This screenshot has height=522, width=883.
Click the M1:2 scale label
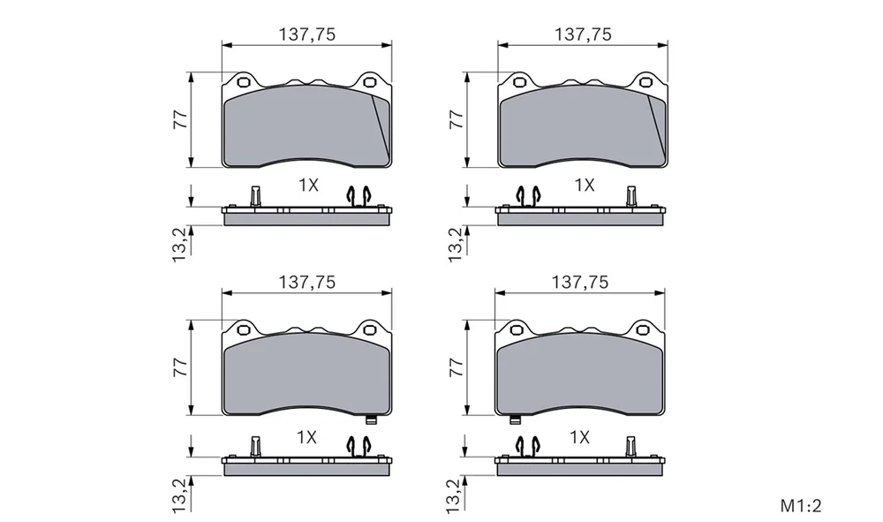(801, 506)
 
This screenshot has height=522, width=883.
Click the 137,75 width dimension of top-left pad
(307, 34)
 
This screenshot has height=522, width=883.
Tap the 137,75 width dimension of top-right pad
(583, 34)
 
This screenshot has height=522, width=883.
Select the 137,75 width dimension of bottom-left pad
(307, 282)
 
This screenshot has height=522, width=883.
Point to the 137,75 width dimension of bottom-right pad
(580, 282)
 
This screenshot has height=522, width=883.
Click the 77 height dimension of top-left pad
(180, 119)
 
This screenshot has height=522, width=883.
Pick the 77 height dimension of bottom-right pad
(457, 367)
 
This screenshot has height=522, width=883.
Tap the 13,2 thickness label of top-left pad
(179, 245)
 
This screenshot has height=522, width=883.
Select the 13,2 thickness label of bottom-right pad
(456, 496)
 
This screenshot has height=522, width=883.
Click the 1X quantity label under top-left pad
(308, 185)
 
